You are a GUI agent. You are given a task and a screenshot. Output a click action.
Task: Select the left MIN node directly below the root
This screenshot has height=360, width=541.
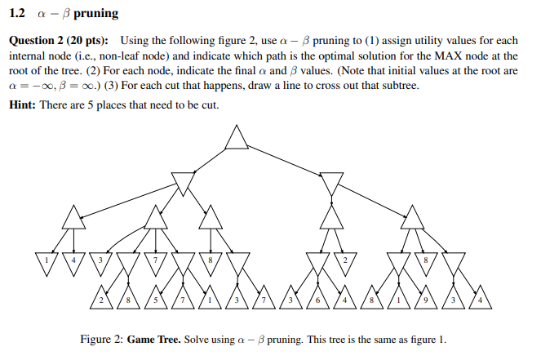pyautogui.click(x=184, y=182)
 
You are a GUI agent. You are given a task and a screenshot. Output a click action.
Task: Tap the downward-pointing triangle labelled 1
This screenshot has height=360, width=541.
pyautogui.click(x=47, y=261)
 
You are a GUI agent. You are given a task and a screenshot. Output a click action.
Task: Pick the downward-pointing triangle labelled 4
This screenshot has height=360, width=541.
pyautogui.click(x=74, y=261)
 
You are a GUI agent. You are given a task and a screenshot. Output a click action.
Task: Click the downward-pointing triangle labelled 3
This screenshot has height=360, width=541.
pyautogui.click(x=101, y=261)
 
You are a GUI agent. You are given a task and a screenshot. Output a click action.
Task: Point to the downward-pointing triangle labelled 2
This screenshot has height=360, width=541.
pyautogui.click(x=344, y=261)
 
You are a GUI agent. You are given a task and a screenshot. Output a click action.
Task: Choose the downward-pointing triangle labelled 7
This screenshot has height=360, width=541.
pyautogui.click(x=156, y=261)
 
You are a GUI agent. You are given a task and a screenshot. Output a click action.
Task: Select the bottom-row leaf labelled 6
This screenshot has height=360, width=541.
pyautogui.click(x=317, y=298)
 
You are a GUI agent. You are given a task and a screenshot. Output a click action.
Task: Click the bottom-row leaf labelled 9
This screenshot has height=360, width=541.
pyautogui.click(x=425, y=298)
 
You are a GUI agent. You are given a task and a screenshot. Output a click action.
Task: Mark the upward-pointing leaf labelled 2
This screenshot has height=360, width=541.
pyautogui.click(x=101, y=298)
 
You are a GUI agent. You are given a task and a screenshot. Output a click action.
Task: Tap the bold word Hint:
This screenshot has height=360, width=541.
pyautogui.click(x=25, y=104)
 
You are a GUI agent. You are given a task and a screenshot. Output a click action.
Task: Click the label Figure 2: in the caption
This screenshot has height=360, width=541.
pyautogui.click(x=101, y=340)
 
